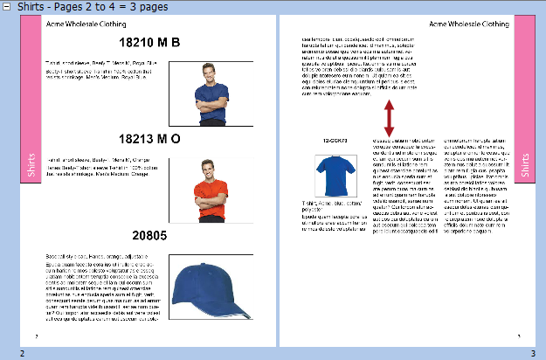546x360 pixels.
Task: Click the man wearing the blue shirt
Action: (x=211, y=93)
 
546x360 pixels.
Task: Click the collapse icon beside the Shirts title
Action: (x=7, y=6)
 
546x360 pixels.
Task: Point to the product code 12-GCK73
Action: (x=335, y=140)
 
